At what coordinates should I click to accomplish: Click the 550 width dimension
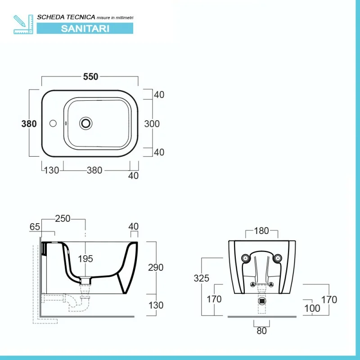(x=91, y=76)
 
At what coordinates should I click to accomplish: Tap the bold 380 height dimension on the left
(x=29, y=124)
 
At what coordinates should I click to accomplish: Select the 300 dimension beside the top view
(x=152, y=124)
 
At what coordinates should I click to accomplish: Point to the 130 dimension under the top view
(x=51, y=171)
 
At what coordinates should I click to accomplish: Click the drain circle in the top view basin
(x=86, y=123)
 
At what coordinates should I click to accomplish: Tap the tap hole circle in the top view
(x=53, y=123)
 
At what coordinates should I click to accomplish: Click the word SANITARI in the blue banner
(x=85, y=29)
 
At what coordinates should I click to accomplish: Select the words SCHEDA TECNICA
(x=66, y=17)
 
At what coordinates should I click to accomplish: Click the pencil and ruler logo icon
(x=23, y=24)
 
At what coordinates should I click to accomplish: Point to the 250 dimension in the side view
(x=63, y=219)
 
